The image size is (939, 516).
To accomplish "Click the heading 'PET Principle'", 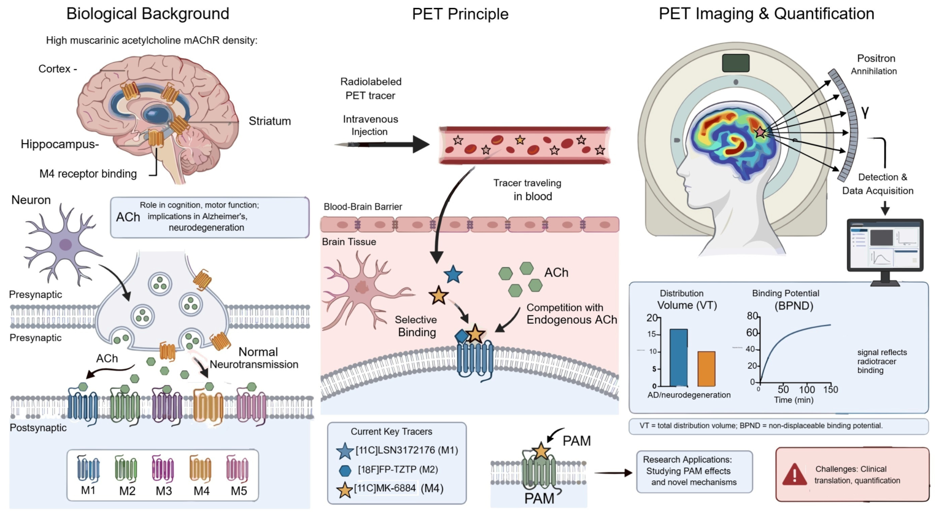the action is point(460,14).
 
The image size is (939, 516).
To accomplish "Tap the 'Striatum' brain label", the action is point(269,121).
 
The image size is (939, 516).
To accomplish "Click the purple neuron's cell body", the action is point(66,244).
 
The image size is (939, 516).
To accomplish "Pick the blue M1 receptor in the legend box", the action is point(88,469).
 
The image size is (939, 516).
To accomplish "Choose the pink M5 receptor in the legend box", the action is point(238,469).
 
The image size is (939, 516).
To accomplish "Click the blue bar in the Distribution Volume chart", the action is point(678,358).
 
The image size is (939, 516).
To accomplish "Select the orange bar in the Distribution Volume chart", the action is point(706,369).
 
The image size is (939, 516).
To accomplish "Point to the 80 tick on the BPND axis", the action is point(752,316).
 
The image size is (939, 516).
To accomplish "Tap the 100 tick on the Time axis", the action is point(806,389).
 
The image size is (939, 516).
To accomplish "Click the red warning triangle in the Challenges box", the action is point(794,474).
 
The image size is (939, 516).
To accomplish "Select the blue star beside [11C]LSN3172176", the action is point(345,451).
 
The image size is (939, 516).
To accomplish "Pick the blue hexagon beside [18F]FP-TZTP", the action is point(345,471).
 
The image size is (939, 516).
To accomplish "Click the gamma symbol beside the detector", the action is point(865,112).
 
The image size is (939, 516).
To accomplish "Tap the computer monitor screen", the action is point(885,246).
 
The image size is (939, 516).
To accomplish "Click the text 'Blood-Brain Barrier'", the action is point(363,207).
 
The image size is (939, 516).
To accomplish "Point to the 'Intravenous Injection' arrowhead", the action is point(421,144).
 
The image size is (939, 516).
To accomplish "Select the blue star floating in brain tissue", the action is point(453,275).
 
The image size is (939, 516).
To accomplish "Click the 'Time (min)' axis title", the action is point(794,401).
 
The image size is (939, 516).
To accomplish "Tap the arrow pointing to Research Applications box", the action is point(613,473).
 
